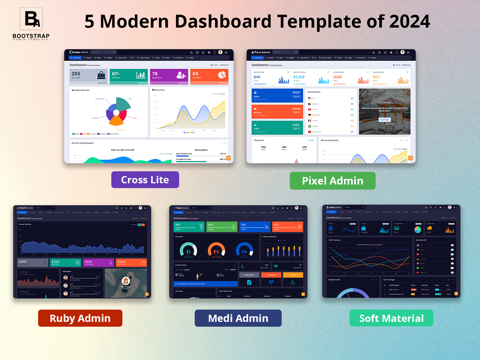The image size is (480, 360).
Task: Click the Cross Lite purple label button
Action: [145, 180]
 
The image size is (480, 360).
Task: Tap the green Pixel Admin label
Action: [332, 181]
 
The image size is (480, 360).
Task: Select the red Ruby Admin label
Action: [80, 318]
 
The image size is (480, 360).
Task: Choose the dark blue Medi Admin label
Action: [238, 318]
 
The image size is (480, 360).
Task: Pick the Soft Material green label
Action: [391, 318]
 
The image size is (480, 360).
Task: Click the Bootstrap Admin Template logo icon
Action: [31, 19]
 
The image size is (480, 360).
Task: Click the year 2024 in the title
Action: [409, 21]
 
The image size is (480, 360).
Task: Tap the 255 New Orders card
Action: [88, 76]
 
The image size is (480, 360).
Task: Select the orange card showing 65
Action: [209, 76]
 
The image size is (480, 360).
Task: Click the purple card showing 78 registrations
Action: [169, 76]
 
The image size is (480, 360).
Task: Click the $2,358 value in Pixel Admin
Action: [299, 77]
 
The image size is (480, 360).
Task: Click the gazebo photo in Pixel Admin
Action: [385, 111]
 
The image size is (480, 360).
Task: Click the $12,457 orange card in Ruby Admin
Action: [131, 262]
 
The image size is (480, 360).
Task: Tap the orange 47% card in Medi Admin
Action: [287, 227]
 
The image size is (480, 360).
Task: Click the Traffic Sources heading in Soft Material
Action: [334, 240]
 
